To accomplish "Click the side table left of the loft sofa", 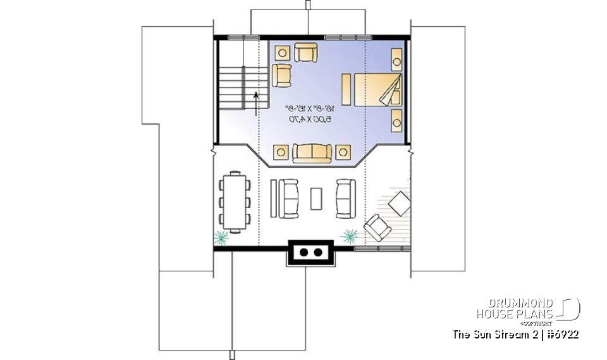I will click(281, 152).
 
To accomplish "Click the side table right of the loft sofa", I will click(343, 152).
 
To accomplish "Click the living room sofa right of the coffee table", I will click(346, 198).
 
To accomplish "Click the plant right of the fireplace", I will click(349, 235).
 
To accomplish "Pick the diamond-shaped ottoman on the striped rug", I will click(399, 203).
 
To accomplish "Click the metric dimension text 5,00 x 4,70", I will click(310, 118).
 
